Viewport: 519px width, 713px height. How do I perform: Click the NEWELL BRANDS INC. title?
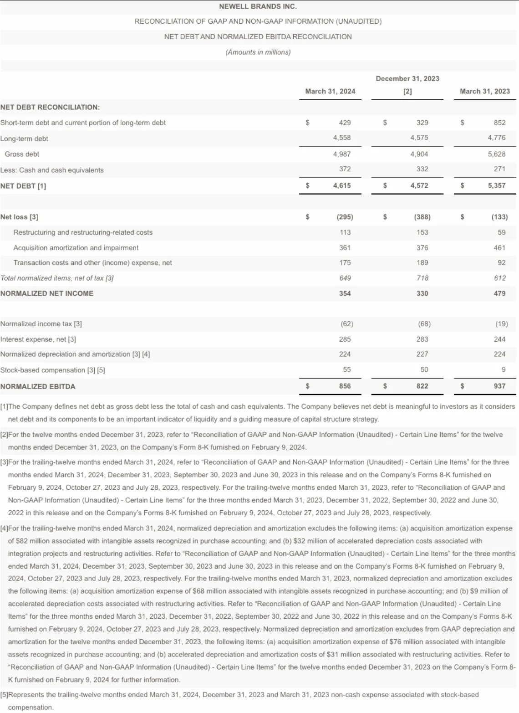coord(258,6)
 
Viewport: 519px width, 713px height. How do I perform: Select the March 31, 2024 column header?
coord(330,91)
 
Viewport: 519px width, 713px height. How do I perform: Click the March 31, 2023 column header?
coord(485,91)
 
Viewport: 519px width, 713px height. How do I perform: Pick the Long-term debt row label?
coord(24,138)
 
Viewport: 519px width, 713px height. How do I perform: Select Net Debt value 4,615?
coord(342,185)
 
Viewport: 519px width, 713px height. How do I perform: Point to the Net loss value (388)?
coord(422,217)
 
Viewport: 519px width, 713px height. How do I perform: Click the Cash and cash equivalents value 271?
coord(499,169)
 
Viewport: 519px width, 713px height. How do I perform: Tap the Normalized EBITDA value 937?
coord(499,386)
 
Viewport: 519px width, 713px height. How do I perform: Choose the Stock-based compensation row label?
coord(52,370)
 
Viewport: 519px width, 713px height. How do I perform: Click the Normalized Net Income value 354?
coord(345,293)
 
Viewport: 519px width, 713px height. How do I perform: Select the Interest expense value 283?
coord(422,339)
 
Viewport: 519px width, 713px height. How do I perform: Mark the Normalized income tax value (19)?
coord(501,324)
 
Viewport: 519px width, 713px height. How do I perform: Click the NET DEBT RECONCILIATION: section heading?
coord(50,107)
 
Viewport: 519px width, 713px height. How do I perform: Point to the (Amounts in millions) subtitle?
coord(258,52)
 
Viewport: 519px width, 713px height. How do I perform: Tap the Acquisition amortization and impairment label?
coord(76,248)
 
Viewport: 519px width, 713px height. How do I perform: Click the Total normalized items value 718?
coord(422,278)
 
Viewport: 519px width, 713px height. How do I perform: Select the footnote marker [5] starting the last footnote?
coord(4,695)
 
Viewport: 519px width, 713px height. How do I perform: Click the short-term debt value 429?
coord(345,123)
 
